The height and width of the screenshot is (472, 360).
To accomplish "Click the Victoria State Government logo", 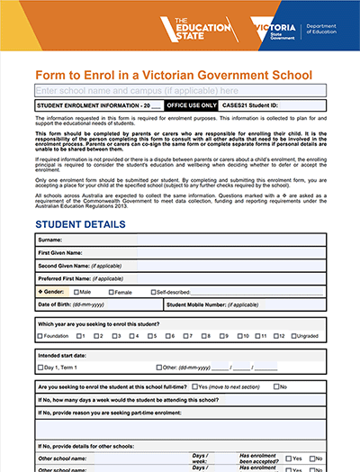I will (x=277, y=32).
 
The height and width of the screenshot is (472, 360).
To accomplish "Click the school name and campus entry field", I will (x=180, y=91).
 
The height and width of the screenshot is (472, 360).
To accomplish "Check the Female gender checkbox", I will (x=111, y=293).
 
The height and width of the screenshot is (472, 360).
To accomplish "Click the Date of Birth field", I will (x=117, y=305).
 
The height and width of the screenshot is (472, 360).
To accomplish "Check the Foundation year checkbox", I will (x=40, y=336).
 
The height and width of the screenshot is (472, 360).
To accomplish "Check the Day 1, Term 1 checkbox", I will (x=40, y=368).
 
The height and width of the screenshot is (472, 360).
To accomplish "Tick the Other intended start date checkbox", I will (x=159, y=368).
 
